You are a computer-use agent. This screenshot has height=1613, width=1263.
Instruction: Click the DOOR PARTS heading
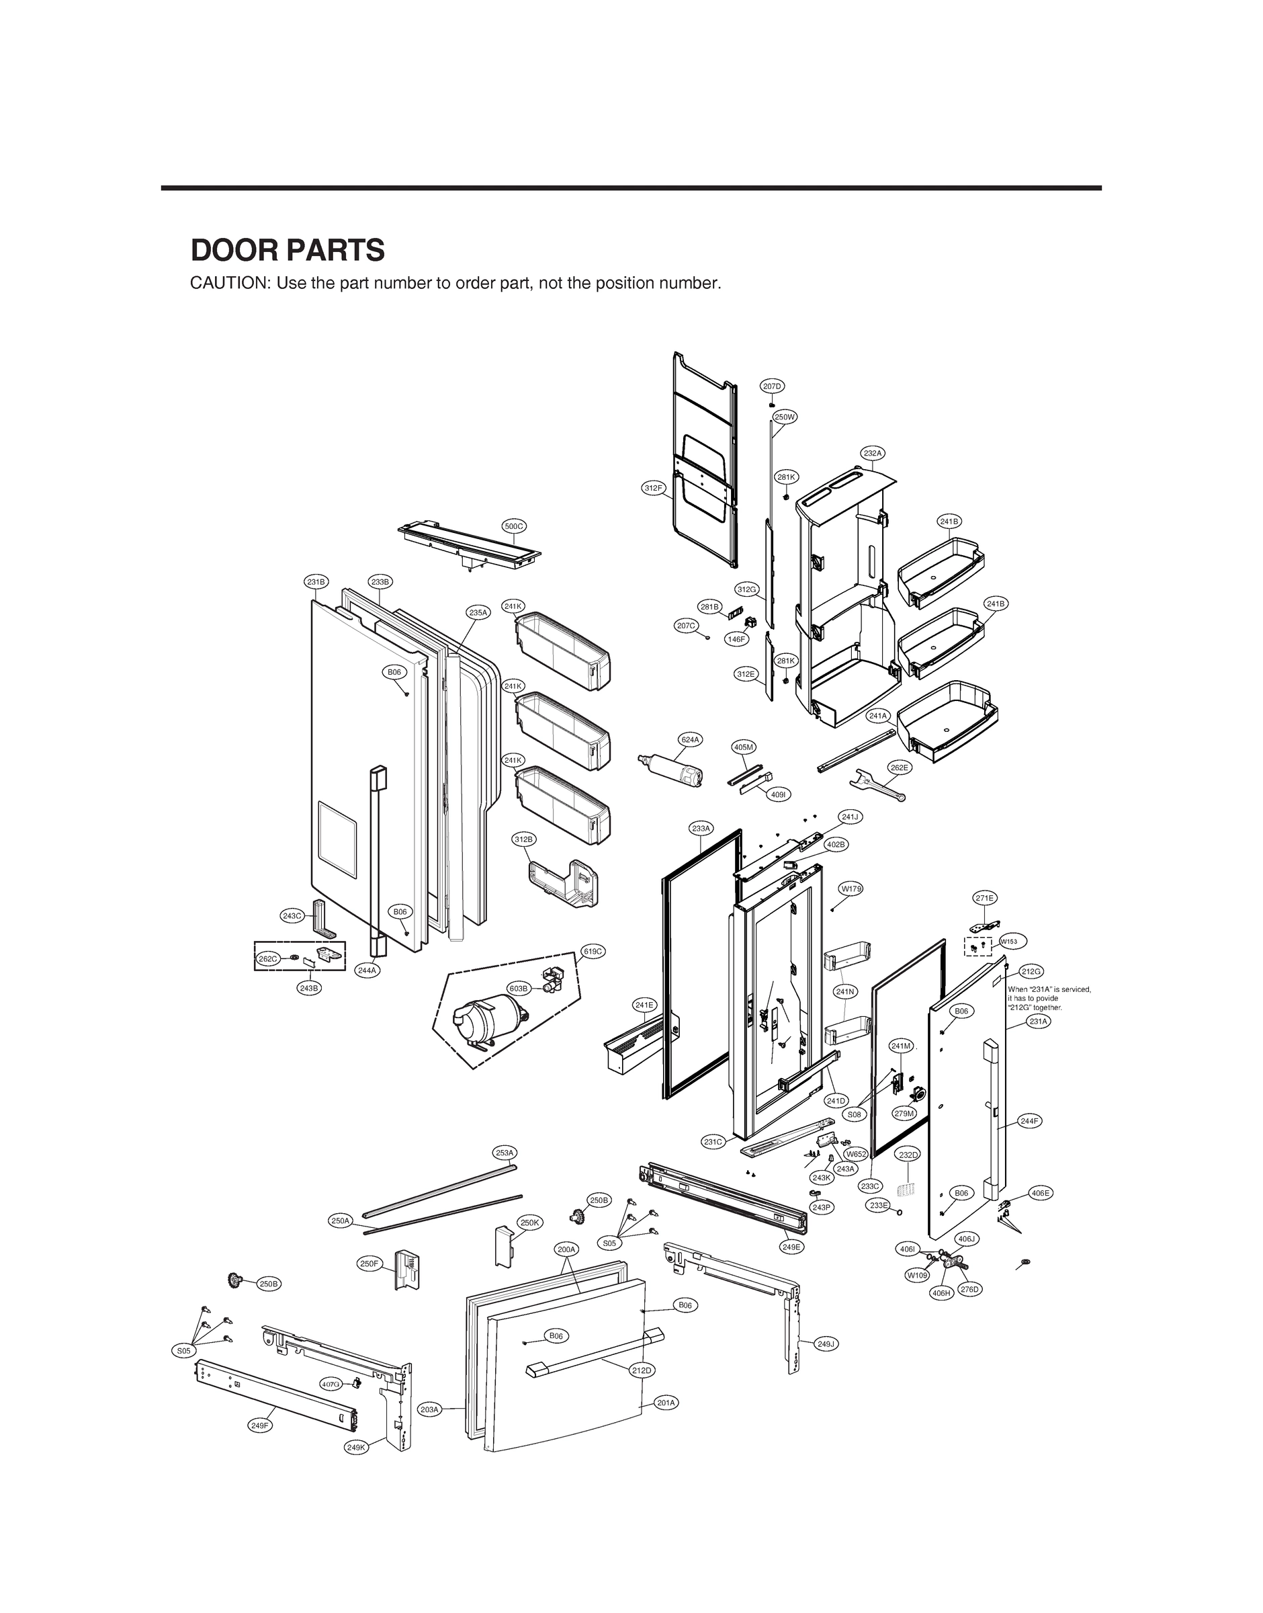(288, 251)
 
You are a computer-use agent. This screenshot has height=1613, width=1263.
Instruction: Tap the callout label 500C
(513, 526)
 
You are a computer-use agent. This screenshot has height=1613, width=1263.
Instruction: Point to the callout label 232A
(873, 452)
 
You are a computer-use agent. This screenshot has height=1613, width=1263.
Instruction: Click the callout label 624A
(690, 739)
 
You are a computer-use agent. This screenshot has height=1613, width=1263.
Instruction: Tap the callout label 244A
(367, 970)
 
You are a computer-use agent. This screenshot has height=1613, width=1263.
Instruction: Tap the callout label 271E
(984, 898)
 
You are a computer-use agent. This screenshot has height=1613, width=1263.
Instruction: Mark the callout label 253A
(505, 1152)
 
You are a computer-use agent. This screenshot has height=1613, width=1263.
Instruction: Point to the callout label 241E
(644, 1004)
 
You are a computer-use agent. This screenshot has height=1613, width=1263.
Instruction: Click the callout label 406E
(1041, 1193)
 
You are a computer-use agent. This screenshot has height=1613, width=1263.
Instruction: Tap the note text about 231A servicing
(1049, 999)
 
